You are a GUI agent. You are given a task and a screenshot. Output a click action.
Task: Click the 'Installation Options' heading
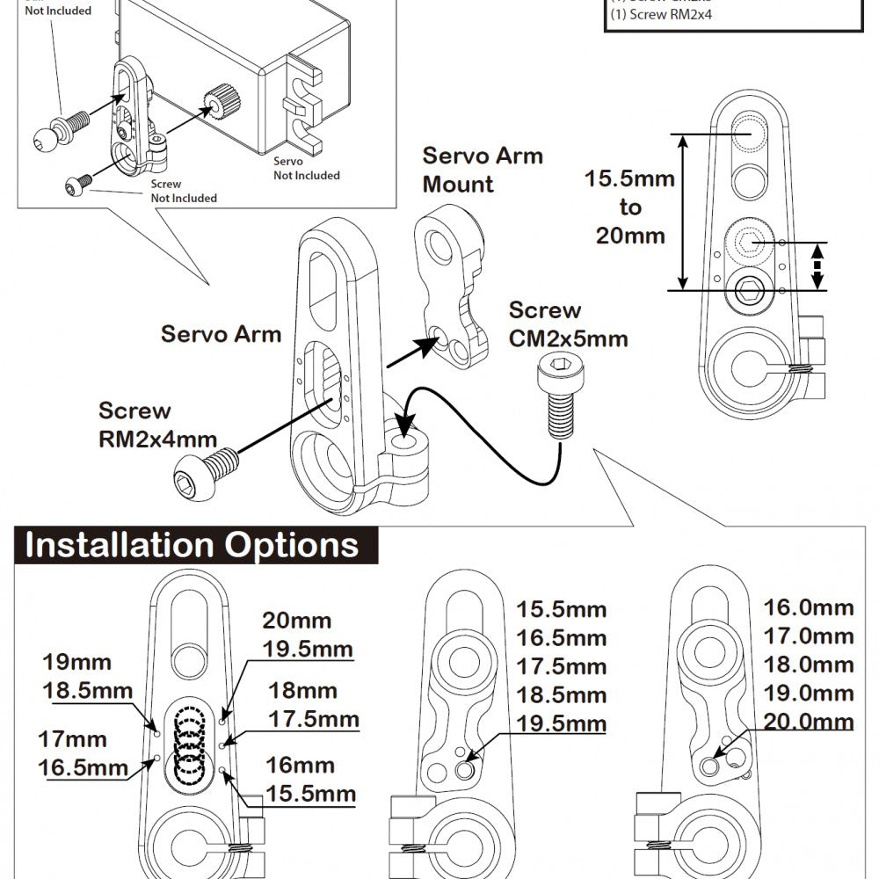click(x=192, y=545)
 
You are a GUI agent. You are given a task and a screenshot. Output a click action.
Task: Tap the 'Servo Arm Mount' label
click(x=483, y=170)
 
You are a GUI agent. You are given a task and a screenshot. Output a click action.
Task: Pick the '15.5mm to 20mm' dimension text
click(x=629, y=207)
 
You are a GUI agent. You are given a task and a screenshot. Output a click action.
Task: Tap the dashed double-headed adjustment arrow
click(x=817, y=266)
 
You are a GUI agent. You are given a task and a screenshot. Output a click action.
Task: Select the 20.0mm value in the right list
click(x=808, y=722)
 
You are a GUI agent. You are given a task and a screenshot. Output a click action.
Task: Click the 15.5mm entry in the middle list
click(x=561, y=609)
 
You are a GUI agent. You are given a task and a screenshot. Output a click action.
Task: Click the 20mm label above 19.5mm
click(x=296, y=621)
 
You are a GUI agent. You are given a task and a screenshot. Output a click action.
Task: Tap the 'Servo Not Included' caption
click(x=305, y=169)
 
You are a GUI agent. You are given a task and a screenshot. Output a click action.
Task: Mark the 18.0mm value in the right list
click(x=808, y=665)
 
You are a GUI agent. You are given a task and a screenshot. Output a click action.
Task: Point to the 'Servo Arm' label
click(x=221, y=334)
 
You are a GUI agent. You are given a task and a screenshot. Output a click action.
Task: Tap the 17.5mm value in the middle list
click(x=561, y=666)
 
